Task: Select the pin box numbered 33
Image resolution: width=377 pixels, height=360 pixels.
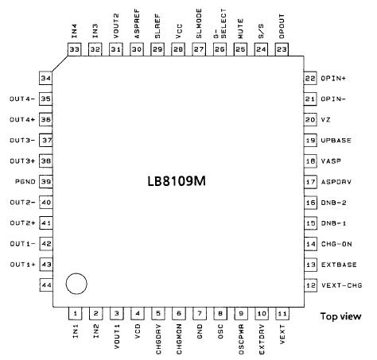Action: (x=75, y=49)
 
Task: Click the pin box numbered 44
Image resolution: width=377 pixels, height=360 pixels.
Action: (x=46, y=285)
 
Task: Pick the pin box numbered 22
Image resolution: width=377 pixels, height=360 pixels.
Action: (x=309, y=78)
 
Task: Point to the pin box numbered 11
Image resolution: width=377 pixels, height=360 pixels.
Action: (x=281, y=314)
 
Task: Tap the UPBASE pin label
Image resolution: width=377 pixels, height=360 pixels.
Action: (x=336, y=140)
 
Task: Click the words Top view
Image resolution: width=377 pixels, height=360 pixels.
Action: (x=340, y=317)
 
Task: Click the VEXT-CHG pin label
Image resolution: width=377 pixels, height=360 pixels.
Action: (x=344, y=285)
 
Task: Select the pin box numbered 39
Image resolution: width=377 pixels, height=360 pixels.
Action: (x=46, y=181)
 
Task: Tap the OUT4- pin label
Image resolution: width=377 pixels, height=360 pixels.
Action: (x=21, y=99)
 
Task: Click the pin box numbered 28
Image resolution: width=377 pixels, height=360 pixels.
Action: (x=177, y=49)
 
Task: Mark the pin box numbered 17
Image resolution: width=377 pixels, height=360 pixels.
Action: (x=309, y=181)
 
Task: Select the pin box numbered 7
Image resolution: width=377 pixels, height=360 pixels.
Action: (x=198, y=314)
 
